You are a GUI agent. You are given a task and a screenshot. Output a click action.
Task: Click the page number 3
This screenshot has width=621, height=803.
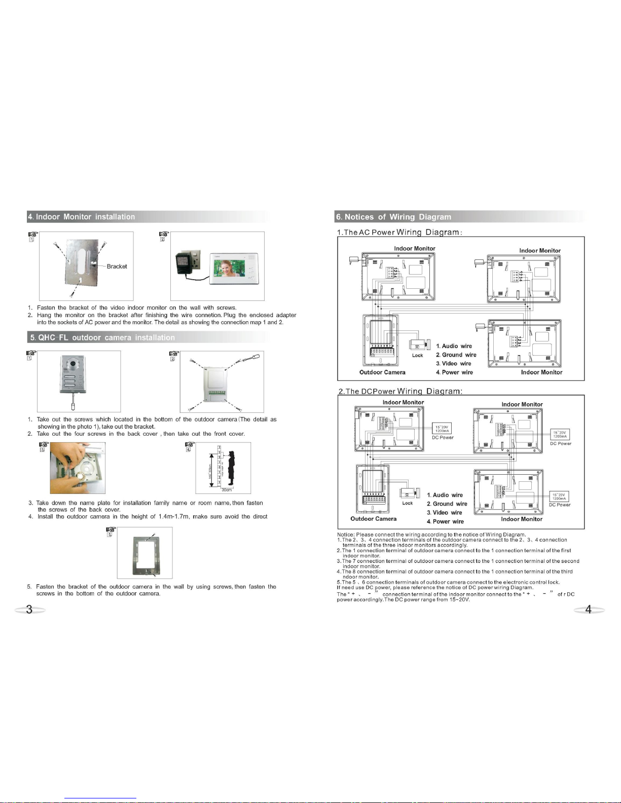29,609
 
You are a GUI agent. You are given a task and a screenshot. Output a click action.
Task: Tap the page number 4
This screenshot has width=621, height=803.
588,609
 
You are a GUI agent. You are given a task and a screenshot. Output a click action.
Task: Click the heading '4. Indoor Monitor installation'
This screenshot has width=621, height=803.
82,217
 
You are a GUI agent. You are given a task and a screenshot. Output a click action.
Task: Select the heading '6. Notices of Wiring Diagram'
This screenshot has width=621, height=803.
393,217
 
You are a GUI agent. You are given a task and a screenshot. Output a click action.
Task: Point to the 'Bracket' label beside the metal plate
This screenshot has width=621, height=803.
117,266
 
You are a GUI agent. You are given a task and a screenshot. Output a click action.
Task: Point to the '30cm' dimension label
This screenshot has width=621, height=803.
226,490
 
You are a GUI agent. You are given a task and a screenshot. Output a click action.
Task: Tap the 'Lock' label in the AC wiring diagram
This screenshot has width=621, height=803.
417,356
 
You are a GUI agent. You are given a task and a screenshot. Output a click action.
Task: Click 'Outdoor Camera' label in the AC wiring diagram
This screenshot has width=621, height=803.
382,372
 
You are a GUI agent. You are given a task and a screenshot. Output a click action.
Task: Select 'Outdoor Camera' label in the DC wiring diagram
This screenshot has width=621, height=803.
373,519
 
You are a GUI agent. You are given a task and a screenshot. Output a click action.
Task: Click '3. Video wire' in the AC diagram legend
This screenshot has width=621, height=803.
453,364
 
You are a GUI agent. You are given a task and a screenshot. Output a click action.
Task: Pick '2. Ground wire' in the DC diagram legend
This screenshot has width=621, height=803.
447,504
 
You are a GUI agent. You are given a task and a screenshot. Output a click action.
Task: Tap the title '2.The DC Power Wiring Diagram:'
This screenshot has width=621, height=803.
399,391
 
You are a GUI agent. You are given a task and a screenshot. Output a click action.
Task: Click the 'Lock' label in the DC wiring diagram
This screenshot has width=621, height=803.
408,503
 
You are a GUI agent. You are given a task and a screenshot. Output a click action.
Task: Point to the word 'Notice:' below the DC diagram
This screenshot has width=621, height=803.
346,534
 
